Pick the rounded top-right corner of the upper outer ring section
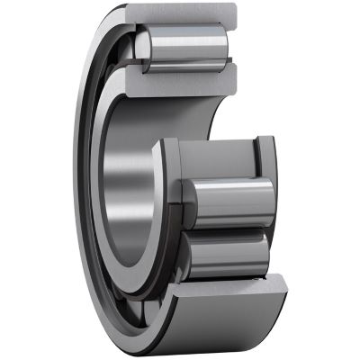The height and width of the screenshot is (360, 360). (233, 11)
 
